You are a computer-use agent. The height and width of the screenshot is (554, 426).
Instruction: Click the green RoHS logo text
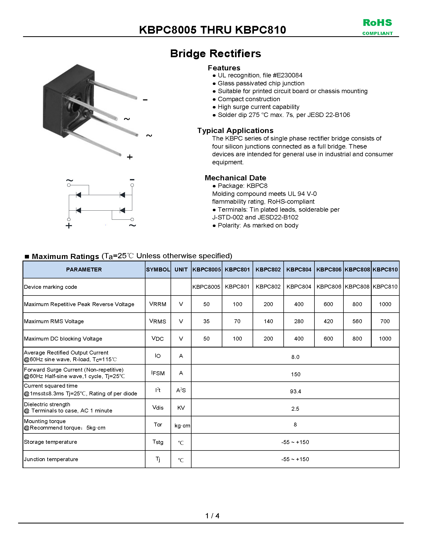(x=377, y=23)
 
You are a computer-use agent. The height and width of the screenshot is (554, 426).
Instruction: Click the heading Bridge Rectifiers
(x=215, y=54)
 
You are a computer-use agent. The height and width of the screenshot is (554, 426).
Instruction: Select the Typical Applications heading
(x=235, y=130)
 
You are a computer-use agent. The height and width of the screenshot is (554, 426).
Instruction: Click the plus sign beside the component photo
(x=130, y=157)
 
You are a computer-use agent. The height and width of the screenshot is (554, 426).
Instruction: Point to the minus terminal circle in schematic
(x=132, y=185)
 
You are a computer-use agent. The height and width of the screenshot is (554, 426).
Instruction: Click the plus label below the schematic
(x=69, y=226)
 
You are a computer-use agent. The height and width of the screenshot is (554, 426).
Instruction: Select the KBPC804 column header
(x=299, y=269)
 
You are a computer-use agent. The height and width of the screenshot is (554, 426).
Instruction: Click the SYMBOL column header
(x=158, y=269)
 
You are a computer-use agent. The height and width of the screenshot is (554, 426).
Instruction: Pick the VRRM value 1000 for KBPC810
(x=385, y=304)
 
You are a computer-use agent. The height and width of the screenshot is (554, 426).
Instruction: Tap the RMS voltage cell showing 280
(x=299, y=321)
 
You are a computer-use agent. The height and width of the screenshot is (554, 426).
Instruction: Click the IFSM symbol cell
(x=158, y=373)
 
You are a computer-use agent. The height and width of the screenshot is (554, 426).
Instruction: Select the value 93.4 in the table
(x=295, y=391)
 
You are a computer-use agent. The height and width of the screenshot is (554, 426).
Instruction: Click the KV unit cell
(x=181, y=408)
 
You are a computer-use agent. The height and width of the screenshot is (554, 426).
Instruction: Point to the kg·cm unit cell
(x=182, y=425)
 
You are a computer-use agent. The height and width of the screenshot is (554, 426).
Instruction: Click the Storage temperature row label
(x=50, y=442)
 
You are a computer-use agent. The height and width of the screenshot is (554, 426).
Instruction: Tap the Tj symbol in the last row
(x=158, y=459)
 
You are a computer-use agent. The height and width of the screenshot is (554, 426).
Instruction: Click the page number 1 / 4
(x=212, y=516)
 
